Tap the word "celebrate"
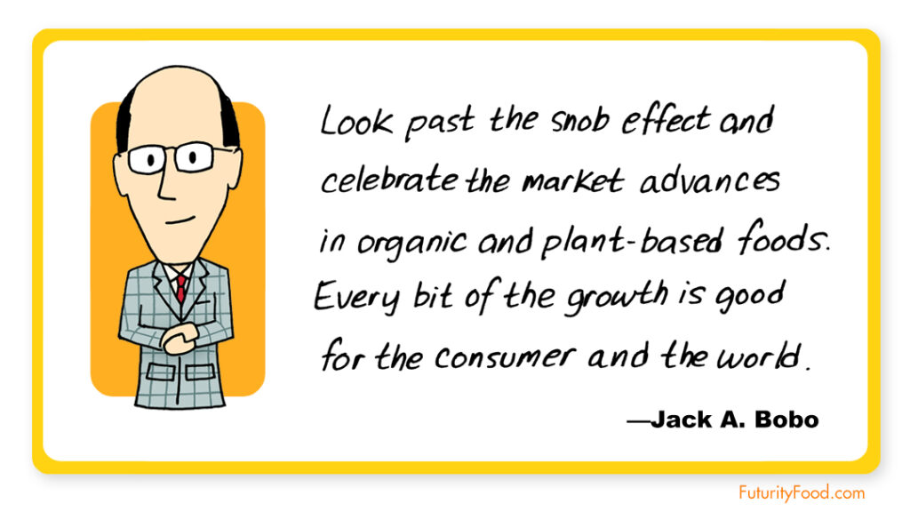point(389,180)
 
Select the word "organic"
point(411,243)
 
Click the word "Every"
point(357,298)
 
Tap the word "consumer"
point(505,356)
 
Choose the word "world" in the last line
point(758,356)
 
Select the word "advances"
point(710,181)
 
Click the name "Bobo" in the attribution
point(786,420)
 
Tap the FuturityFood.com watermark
point(802,492)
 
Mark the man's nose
point(166,183)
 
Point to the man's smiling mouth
point(180,220)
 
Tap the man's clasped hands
point(179,339)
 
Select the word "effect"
point(666,120)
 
